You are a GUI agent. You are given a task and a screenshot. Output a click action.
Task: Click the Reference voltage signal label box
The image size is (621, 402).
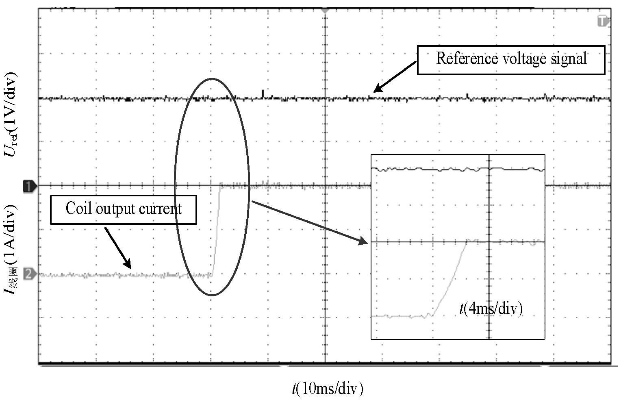(511, 60)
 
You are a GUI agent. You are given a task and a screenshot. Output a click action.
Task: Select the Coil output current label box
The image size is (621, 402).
(123, 209)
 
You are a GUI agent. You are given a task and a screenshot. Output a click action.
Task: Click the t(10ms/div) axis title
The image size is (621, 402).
(327, 389)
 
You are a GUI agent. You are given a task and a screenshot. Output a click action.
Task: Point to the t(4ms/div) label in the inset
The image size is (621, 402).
(491, 309)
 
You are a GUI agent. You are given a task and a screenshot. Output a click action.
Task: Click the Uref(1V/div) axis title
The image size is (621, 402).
(11, 115)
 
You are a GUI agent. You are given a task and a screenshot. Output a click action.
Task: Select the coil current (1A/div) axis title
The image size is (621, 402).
(11, 250)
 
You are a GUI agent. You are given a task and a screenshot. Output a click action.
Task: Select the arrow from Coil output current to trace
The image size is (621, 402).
(118, 248)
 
